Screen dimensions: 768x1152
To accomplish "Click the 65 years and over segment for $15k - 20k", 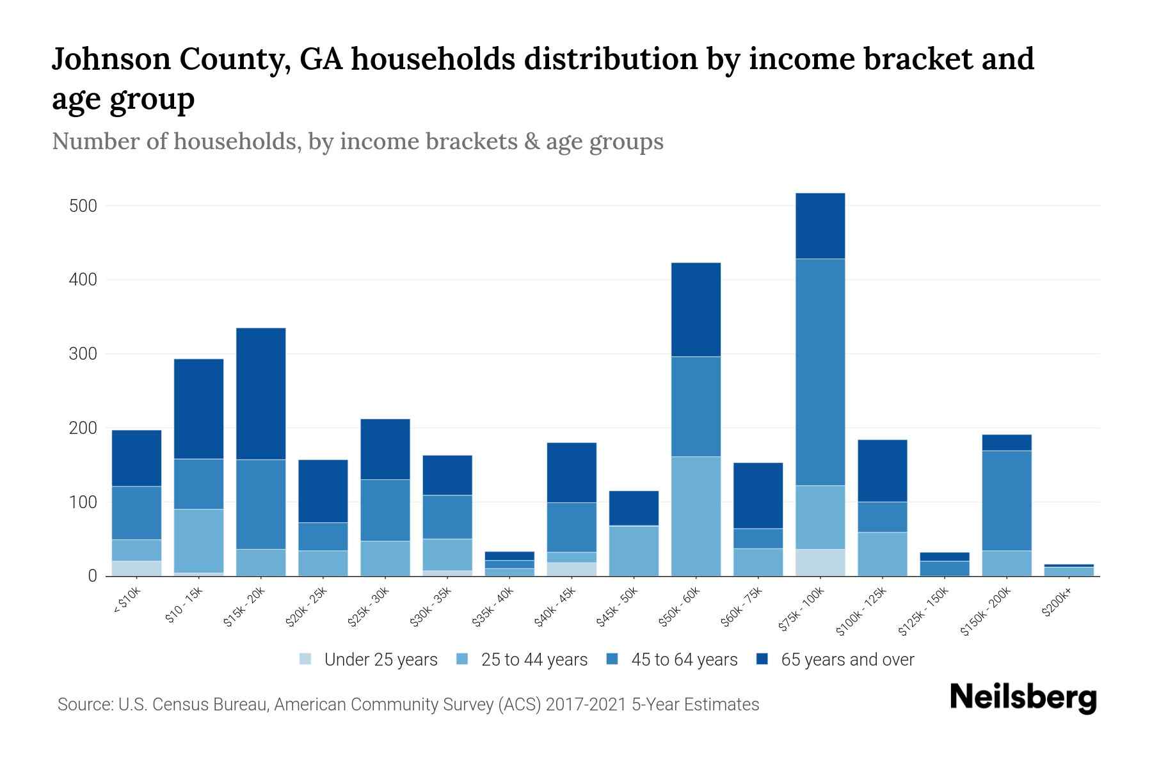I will pyautogui.click(x=260, y=394).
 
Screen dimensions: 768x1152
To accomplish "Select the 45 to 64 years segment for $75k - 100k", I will pyautogui.click(x=820, y=372).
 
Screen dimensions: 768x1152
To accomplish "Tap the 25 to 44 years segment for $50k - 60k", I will pyautogui.click(x=696, y=516).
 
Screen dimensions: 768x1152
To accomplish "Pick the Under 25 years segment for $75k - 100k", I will pyautogui.click(x=820, y=563).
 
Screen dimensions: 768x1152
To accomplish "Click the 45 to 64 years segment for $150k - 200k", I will pyautogui.click(x=1007, y=500).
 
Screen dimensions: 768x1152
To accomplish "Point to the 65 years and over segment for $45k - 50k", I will pyautogui.click(x=634, y=508).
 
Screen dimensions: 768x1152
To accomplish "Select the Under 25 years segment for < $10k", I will pyautogui.click(x=136, y=568).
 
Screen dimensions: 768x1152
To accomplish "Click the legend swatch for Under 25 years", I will pyautogui.click(x=306, y=659).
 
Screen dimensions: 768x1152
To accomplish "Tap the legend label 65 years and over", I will pyautogui.click(x=847, y=660).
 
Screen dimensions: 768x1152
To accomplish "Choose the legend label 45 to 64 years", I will pyautogui.click(x=684, y=660).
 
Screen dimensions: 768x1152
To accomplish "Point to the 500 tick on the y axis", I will pyautogui.click(x=83, y=206).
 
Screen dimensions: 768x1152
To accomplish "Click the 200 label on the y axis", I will pyautogui.click(x=83, y=428).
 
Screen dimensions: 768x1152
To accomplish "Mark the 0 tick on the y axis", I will pyautogui.click(x=92, y=576).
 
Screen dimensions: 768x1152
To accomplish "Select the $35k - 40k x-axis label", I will pyautogui.click(x=493, y=607).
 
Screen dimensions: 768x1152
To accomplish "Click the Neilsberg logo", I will pyautogui.click(x=1023, y=698).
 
